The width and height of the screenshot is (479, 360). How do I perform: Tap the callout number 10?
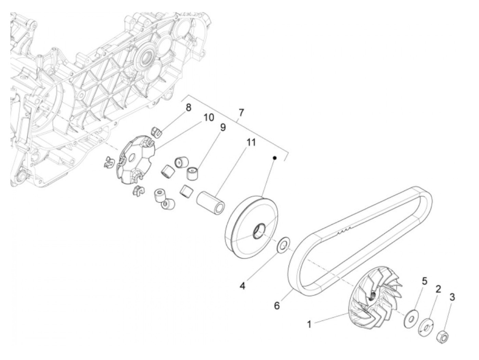pos(208,117)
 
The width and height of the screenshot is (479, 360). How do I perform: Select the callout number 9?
pos(223,128)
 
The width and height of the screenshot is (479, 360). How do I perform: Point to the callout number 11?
pos(251,142)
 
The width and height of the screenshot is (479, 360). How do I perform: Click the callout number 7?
pos(242,112)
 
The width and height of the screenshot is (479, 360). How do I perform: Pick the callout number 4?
pos(242,286)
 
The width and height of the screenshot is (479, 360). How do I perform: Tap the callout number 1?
pos(309,324)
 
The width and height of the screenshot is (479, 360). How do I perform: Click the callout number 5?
pos(424,281)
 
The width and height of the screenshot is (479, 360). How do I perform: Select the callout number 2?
pos(438,289)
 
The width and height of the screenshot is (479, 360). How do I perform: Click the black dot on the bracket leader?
pos(274,158)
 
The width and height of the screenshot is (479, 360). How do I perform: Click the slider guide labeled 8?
pos(156,131)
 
